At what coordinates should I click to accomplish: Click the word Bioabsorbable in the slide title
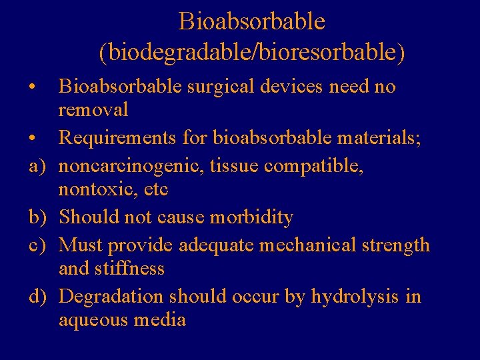click(251, 21)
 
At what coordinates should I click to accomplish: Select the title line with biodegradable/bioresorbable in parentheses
click(251, 53)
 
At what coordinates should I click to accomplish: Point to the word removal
click(93, 109)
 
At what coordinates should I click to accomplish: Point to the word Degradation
click(111, 295)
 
